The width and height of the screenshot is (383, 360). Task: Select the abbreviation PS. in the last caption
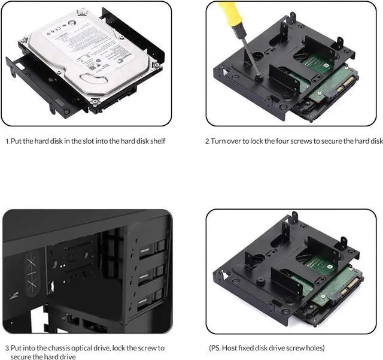[x=216, y=347]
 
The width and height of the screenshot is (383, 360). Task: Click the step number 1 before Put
[x=7, y=141]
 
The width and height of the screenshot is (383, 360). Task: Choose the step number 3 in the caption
[x=7, y=347]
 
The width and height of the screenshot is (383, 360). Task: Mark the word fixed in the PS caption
[x=251, y=347]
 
